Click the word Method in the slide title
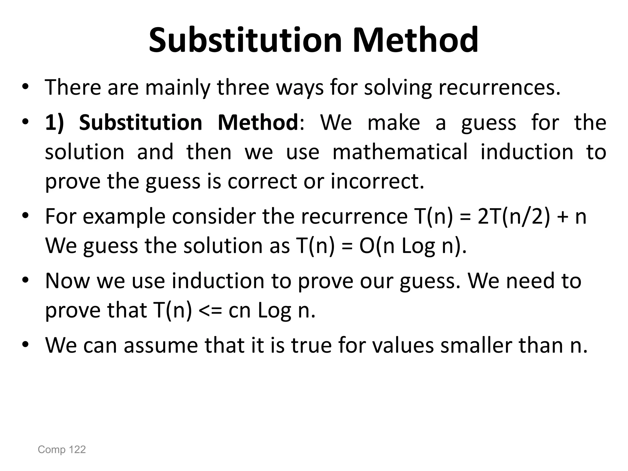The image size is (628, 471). click(x=415, y=40)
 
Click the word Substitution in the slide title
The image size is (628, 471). click(x=245, y=40)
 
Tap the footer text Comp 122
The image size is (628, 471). click(x=62, y=450)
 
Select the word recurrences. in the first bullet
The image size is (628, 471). click(x=499, y=87)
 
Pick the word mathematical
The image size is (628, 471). click(x=400, y=152)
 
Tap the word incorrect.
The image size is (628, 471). click(x=377, y=181)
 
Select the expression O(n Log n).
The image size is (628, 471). click(x=413, y=246)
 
